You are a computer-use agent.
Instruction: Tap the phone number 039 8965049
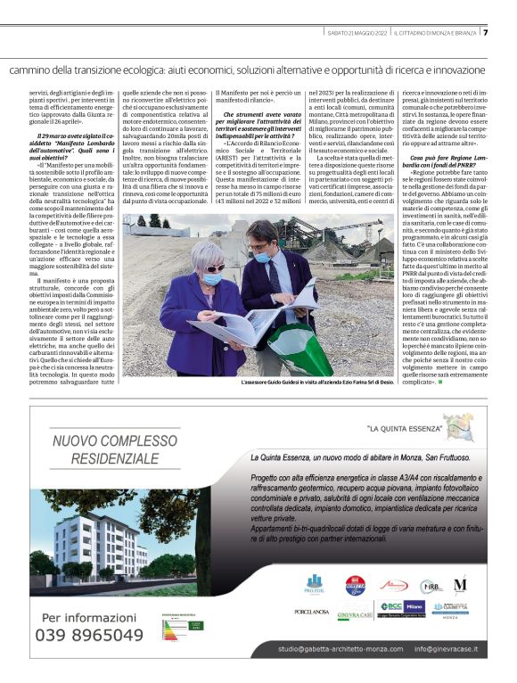[89, 636]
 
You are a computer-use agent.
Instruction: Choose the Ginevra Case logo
[354, 614]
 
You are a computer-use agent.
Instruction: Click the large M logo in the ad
[460, 585]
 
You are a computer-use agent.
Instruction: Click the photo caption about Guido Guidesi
[316, 382]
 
